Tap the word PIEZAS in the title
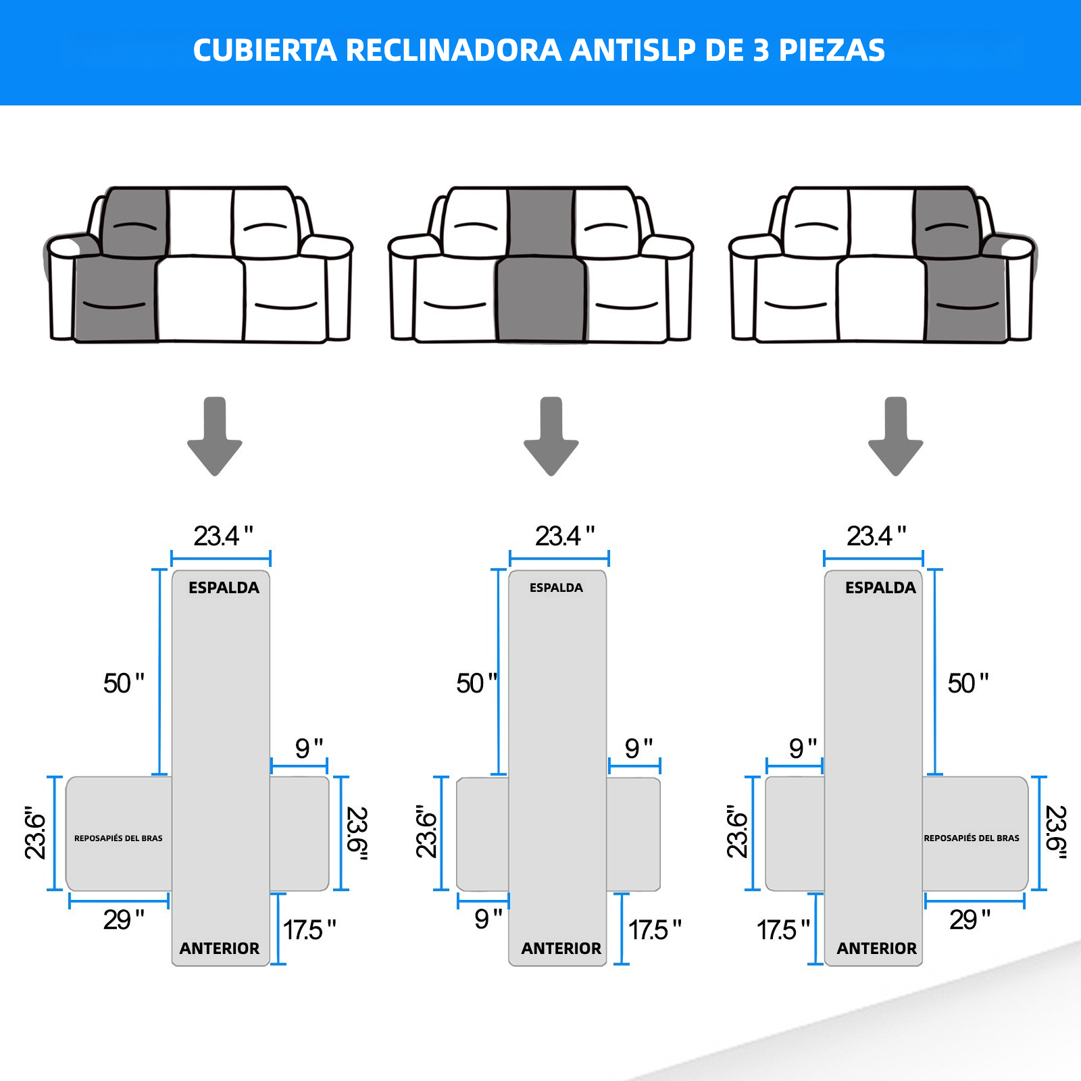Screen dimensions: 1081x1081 click(832, 51)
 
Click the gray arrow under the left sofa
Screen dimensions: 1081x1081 click(215, 436)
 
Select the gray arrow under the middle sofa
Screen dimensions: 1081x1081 click(551, 436)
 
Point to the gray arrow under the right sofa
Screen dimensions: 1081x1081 click(895, 436)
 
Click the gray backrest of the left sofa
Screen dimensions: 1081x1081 click(134, 222)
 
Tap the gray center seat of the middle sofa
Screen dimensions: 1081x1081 click(541, 299)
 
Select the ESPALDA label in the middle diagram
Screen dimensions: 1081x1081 click(556, 588)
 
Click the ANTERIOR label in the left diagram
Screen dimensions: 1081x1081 click(220, 949)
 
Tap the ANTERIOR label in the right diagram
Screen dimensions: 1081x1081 click(877, 949)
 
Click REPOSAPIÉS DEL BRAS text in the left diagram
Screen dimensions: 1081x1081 click(118, 838)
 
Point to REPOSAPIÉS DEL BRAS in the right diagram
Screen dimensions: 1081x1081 click(972, 838)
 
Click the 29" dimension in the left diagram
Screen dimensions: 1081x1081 click(124, 920)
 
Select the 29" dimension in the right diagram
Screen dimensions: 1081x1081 click(970, 920)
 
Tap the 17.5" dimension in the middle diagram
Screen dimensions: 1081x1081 click(655, 930)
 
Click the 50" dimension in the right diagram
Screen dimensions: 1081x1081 click(967, 683)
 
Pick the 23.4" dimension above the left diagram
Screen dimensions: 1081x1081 click(223, 536)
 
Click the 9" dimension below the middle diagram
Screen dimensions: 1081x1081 click(488, 919)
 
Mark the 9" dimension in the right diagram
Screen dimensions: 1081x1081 click(803, 748)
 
